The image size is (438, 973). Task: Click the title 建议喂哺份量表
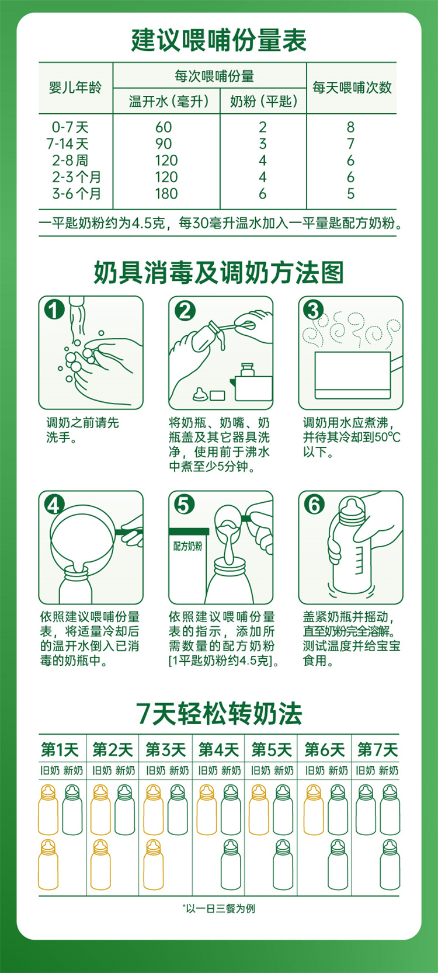tap(218, 40)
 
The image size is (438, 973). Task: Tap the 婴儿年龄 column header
tap(75, 87)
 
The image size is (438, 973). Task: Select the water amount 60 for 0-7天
tap(164, 127)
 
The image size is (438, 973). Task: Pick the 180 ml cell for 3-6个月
tap(166, 194)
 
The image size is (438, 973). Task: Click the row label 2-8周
tap(71, 160)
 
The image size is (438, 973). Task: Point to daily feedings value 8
tap(350, 127)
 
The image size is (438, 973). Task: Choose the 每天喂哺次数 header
tap(352, 87)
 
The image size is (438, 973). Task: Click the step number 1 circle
tap(54, 310)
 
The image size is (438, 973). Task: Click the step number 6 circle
tap(314, 505)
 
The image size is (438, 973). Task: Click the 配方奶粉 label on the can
tap(187, 546)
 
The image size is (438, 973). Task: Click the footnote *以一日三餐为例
tap(219, 908)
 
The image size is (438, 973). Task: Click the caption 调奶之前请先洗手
tap(82, 430)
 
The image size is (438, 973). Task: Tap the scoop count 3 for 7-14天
tap(262, 144)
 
